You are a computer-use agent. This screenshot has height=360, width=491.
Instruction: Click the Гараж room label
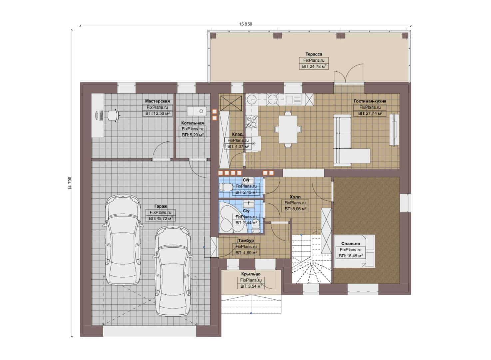click(x=161, y=206)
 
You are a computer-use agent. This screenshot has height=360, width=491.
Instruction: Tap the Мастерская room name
click(x=157, y=101)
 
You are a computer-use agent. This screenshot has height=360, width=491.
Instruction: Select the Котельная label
click(x=193, y=123)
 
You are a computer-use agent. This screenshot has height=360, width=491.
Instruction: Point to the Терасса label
click(x=314, y=54)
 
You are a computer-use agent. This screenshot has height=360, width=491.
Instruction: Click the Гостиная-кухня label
click(x=370, y=101)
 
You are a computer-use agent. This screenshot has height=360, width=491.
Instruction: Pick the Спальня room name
click(x=350, y=244)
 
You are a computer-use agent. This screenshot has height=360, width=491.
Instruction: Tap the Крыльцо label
click(x=251, y=274)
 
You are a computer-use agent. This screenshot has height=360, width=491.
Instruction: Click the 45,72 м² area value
click(x=164, y=219)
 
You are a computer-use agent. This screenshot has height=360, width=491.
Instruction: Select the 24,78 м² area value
click(x=317, y=66)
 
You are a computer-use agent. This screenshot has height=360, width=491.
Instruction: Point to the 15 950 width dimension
click(x=245, y=24)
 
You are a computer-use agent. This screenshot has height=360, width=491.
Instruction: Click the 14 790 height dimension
click(x=70, y=183)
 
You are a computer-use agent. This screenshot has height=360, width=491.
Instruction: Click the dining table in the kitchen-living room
click(x=288, y=129)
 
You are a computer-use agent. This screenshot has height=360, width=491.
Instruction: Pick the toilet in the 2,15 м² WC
click(x=226, y=187)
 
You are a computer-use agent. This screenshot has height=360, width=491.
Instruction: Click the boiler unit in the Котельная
click(x=197, y=111)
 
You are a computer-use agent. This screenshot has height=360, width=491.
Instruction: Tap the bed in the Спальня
click(x=354, y=251)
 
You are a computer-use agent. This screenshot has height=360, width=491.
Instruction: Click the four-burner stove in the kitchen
click(x=251, y=122)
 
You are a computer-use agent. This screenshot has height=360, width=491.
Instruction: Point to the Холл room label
click(x=295, y=197)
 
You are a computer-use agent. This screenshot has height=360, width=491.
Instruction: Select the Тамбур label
click(x=246, y=240)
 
